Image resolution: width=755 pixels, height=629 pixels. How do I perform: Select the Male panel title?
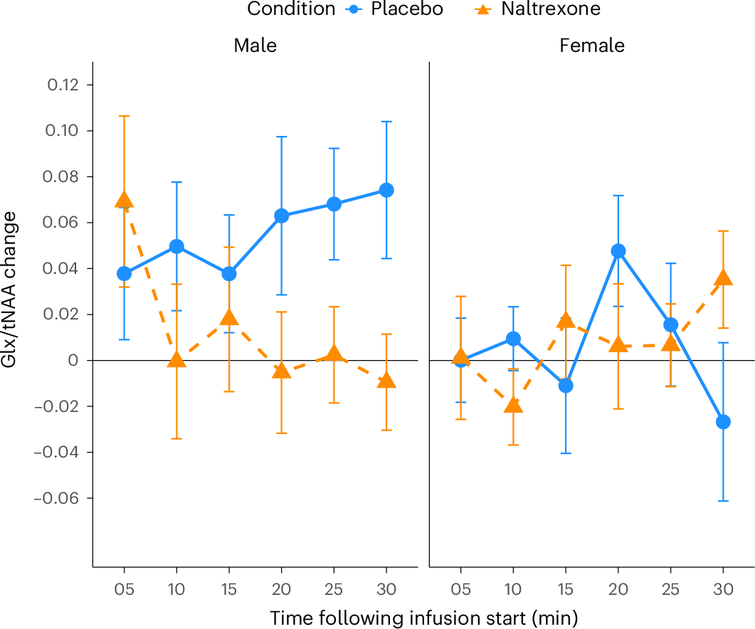pyautogui.click(x=255, y=46)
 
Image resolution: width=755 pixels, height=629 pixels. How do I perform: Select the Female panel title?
pyautogui.click(x=592, y=46)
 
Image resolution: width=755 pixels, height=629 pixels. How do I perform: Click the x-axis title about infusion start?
pyautogui.click(x=423, y=617)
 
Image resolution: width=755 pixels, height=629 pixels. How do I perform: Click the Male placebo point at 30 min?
pyautogui.click(x=386, y=190)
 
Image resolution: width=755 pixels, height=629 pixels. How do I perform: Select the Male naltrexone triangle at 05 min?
pyautogui.click(x=125, y=200)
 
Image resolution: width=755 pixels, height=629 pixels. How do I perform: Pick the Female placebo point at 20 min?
pyautogui.click(x=618, y=251)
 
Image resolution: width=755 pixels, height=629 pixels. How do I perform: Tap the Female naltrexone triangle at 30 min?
pyautogui.click(x=723, y=277)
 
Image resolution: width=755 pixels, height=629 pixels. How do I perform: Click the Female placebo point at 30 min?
pyautogui.click(x=723, y=422)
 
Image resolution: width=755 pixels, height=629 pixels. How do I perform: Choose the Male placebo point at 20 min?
pyautogui.click(x=282, y=216)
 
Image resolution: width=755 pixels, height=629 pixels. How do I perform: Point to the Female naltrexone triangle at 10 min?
pyautogui.click(x=513, y=405)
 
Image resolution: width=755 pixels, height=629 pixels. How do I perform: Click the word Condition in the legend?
pyautogui.click(x=291, y=9)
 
